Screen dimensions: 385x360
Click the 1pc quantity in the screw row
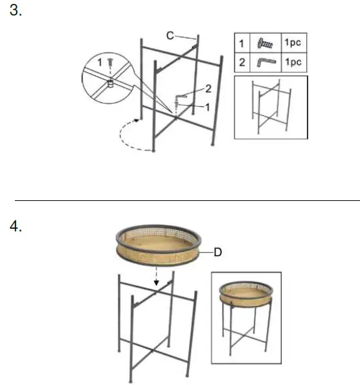[x=293, y=43]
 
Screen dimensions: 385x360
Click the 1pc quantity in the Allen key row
[x=293, y=62]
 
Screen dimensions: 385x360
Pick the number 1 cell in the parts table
[x=242, y=43]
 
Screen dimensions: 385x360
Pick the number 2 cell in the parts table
[x=242, y=62]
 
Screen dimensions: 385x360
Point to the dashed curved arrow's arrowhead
[x=139, y=119]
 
